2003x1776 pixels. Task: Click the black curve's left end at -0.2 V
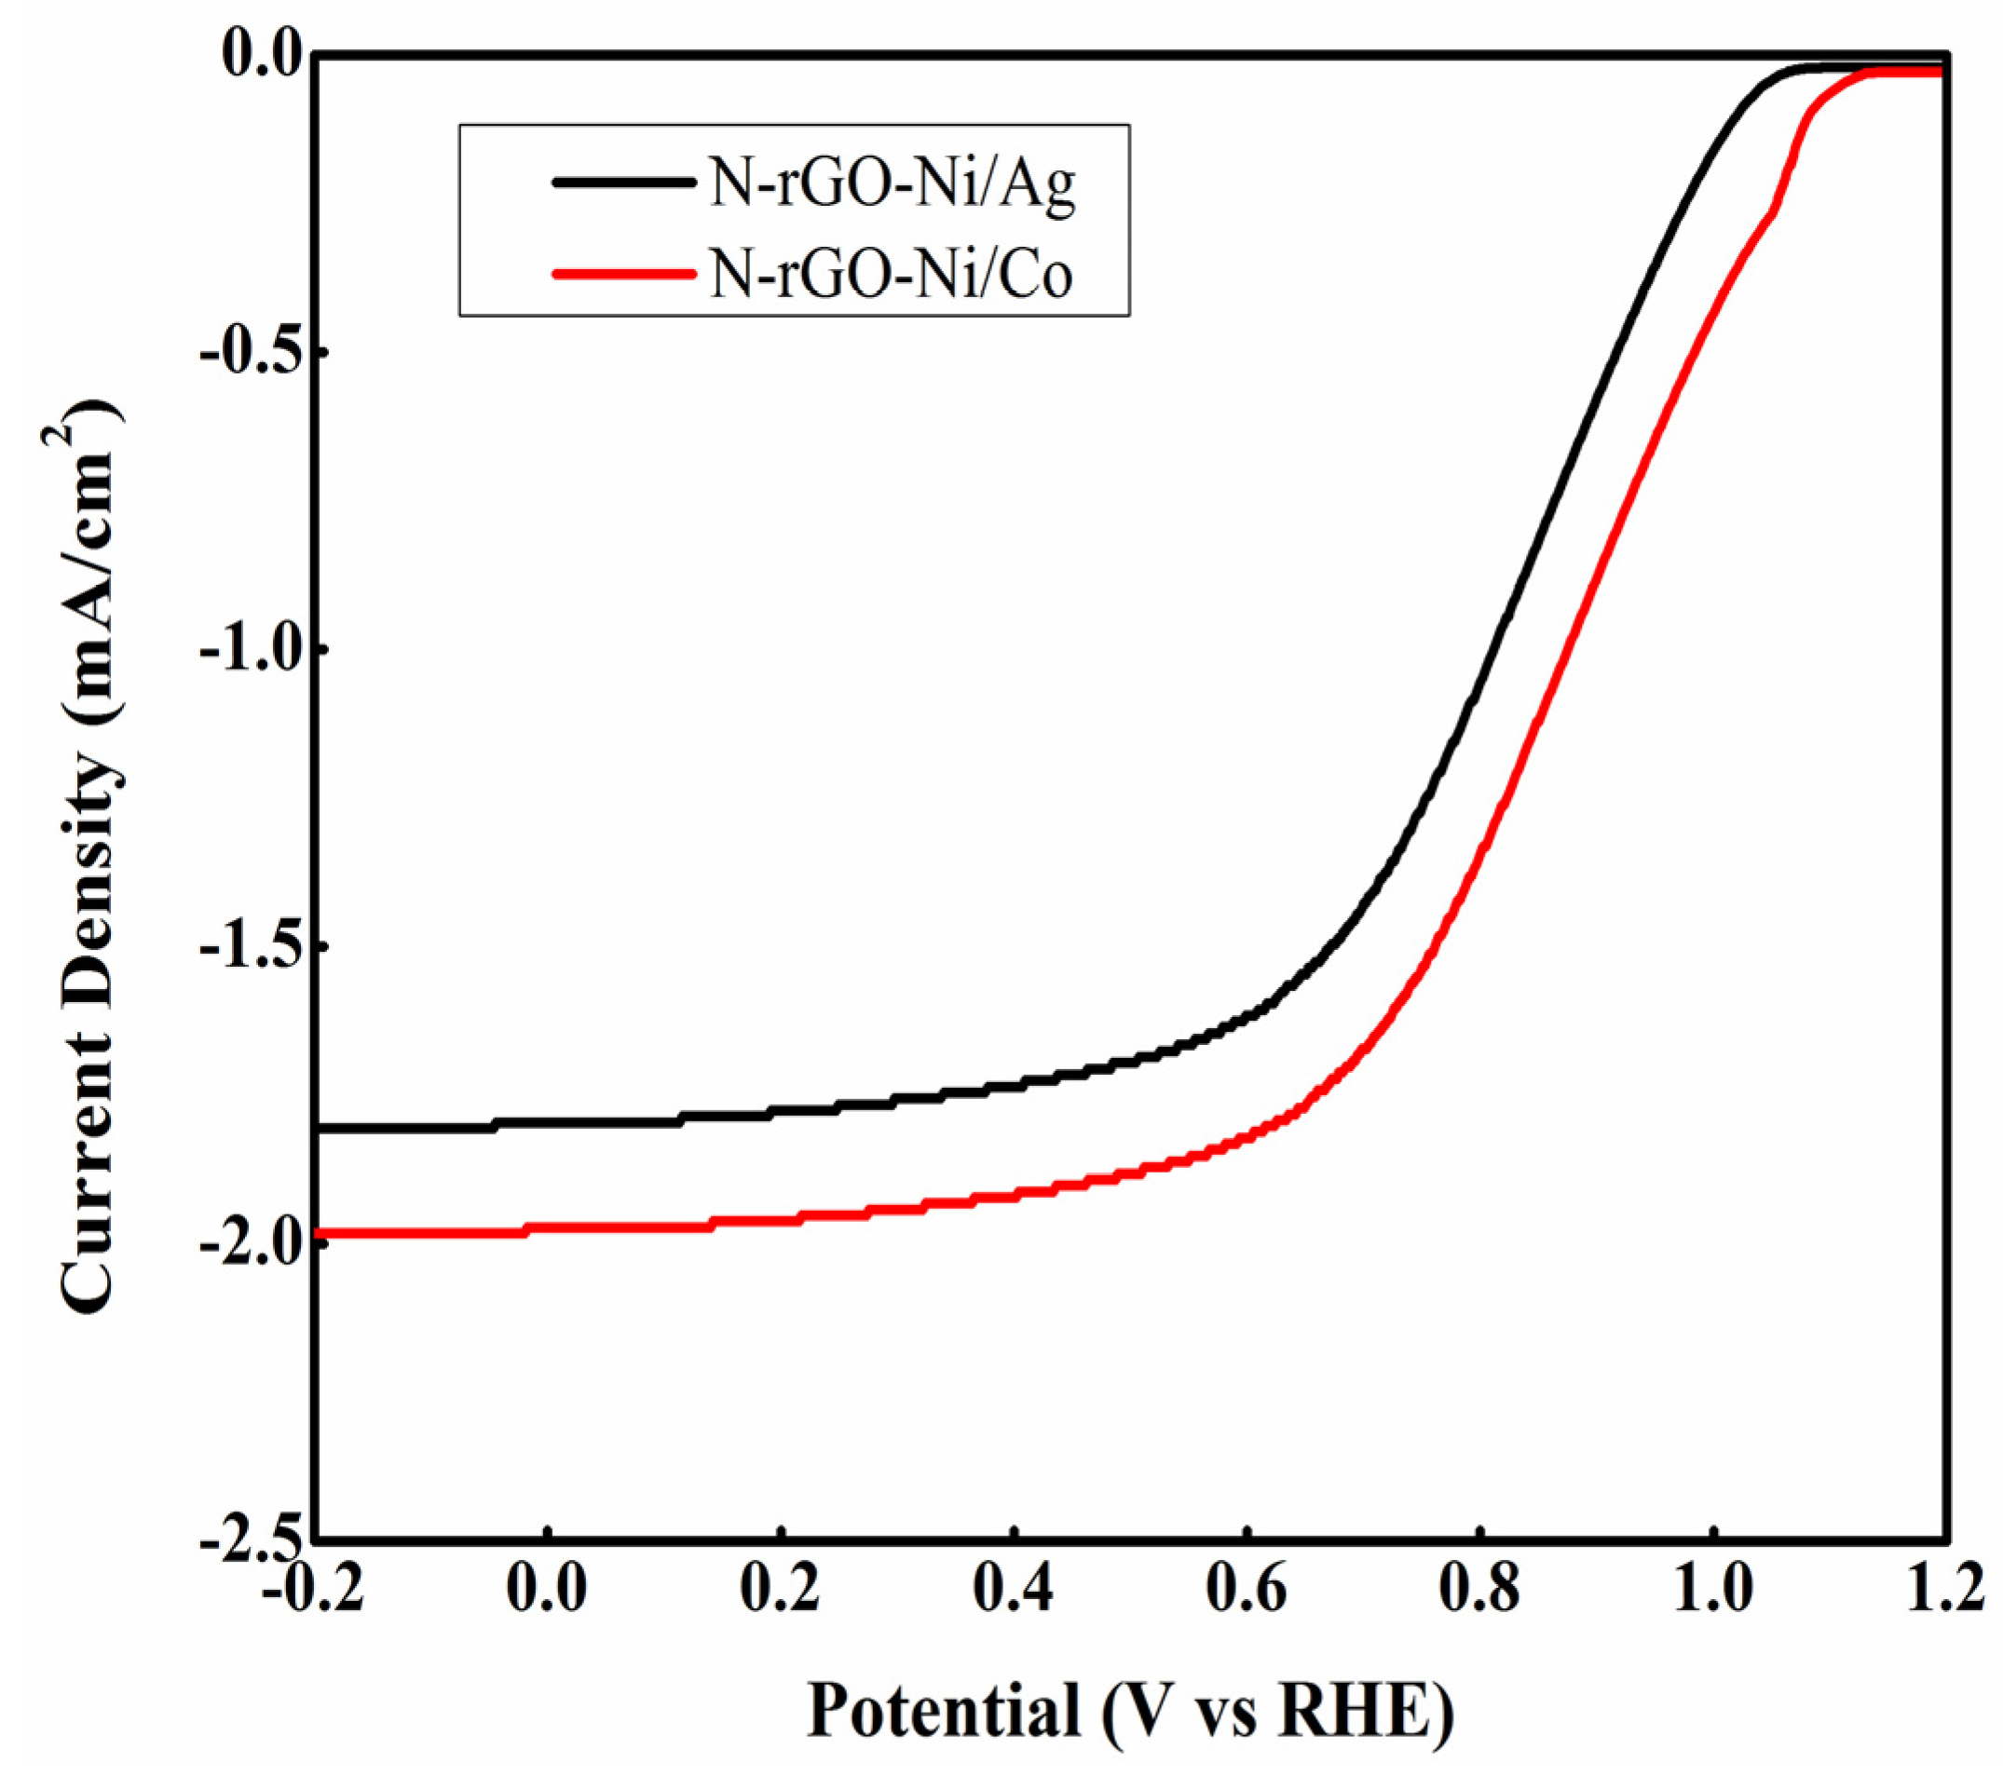point(321,1129)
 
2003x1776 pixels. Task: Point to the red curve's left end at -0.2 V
point(321,1232)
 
